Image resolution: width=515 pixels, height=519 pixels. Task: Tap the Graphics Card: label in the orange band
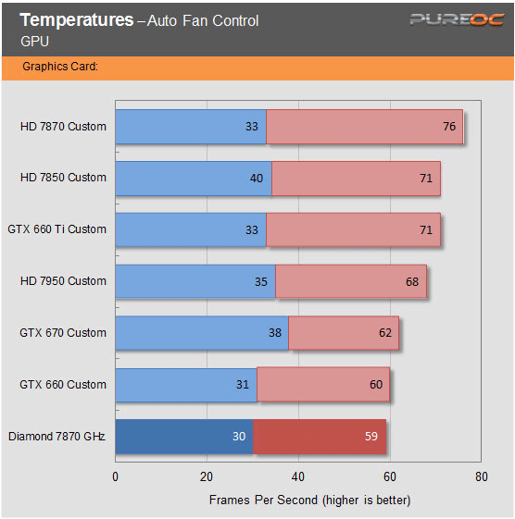click(60, 67)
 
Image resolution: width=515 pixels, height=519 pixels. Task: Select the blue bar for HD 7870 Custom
click(190, 126)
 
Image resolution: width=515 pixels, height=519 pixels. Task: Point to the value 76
click(449, 126)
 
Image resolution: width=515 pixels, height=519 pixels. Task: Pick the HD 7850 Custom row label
click(63, 178)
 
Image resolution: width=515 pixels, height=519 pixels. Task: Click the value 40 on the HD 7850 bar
click(257, 178)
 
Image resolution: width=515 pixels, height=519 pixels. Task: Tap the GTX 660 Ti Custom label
click(57, 229)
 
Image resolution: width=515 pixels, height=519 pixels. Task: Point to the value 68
click(412, 281)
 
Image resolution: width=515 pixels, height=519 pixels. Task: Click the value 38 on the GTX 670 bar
click(274, 333)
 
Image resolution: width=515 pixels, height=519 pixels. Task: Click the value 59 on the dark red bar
click(371, 437)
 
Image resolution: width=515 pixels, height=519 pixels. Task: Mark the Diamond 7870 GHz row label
click(57, 437)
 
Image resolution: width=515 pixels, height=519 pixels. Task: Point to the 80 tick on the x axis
click(480, 477)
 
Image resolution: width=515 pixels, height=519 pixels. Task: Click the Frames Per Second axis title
click(309, 500)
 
